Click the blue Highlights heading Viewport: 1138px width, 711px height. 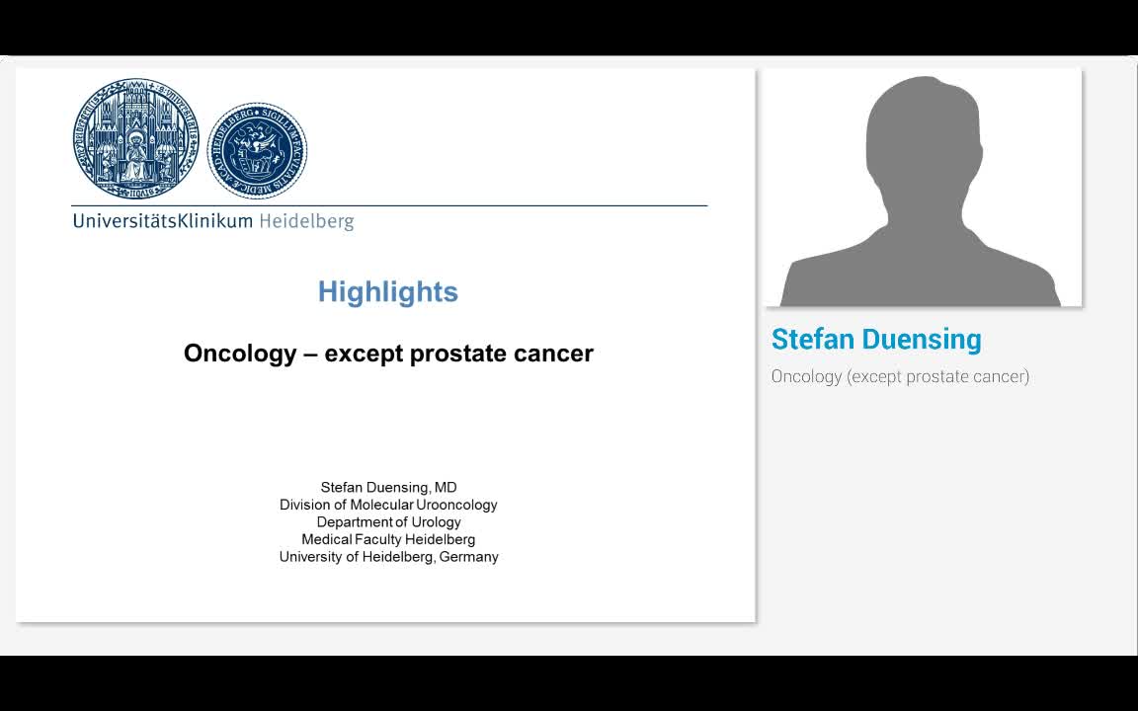(x=387, y=292)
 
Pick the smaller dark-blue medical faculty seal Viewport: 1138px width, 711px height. (x=257, y=151)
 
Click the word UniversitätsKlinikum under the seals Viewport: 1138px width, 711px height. (x=162, y=221)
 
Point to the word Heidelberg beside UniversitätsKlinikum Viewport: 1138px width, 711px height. (x=306, y=221)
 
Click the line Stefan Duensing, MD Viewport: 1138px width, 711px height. (x=388, y=487)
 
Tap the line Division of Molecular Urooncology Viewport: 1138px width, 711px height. (x=388, y=505)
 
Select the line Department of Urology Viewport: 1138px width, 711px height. (x=388, y=522)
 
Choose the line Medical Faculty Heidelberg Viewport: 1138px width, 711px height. (x=388, y=539)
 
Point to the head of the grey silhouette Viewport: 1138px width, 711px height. (x=922, y=133)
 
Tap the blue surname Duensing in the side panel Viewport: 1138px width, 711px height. (x=922, y=340)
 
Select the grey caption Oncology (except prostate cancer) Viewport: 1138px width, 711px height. (x=900, y=376)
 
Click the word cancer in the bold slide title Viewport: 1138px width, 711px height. (x=556, y=354)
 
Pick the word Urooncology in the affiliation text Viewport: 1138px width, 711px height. (x=456, y=505)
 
